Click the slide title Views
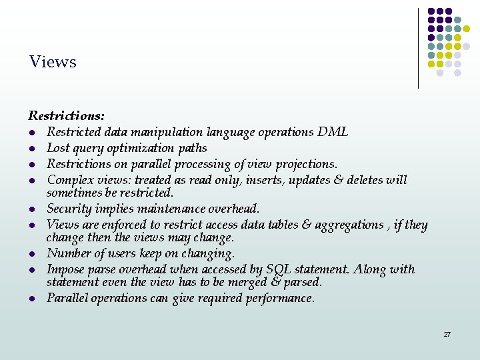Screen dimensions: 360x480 53,62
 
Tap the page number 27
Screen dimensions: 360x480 447,334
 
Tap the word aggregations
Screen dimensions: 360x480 345,225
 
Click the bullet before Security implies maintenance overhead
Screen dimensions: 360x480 31,209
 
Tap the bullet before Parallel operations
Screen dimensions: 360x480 31,299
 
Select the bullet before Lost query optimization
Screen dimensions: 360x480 31,149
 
